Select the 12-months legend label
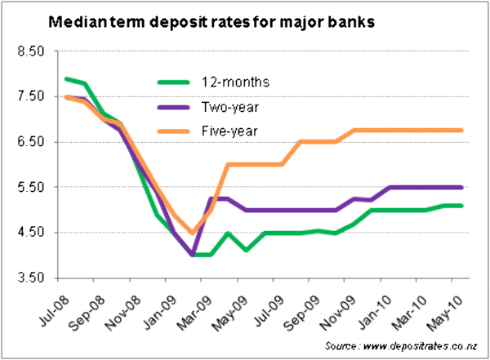pyautogui.click(x=236, y=82)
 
